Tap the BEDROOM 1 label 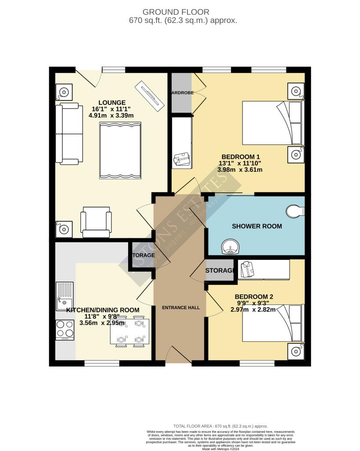[241, 157]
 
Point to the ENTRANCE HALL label [181, 307]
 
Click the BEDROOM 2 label [254, 297]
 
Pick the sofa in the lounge [69, 133]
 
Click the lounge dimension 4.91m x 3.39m [112, 115]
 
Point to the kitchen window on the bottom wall [102, 363]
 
